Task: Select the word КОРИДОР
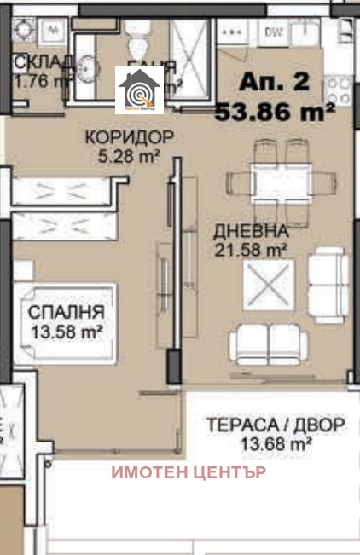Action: [128, 138]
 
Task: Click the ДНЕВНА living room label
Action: [252, 232]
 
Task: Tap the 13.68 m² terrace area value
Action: [274, 443]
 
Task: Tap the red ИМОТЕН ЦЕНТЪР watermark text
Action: [187, 471]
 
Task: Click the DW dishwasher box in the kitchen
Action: [274, 32]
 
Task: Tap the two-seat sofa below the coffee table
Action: [268, 344]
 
